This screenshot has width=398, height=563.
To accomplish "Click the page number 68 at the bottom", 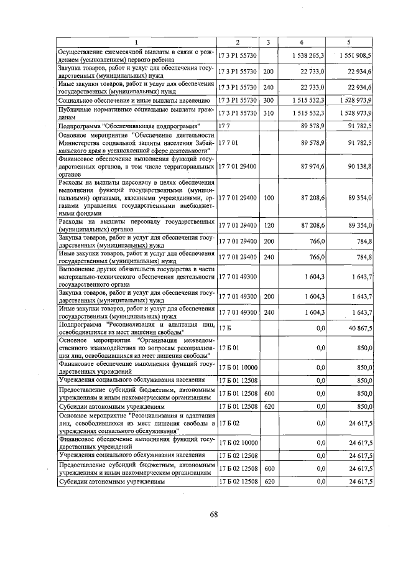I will [x=213, y=514].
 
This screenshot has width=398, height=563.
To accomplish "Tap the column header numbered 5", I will [x=348, y=42].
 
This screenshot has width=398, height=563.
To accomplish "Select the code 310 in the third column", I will [x=268, y=113].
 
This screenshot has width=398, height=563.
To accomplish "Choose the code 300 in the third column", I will [x=268, y=100].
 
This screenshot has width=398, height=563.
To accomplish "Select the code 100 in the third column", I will [x=268, y=197].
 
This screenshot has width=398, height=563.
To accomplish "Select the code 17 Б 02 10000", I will [x=238, y=443].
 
